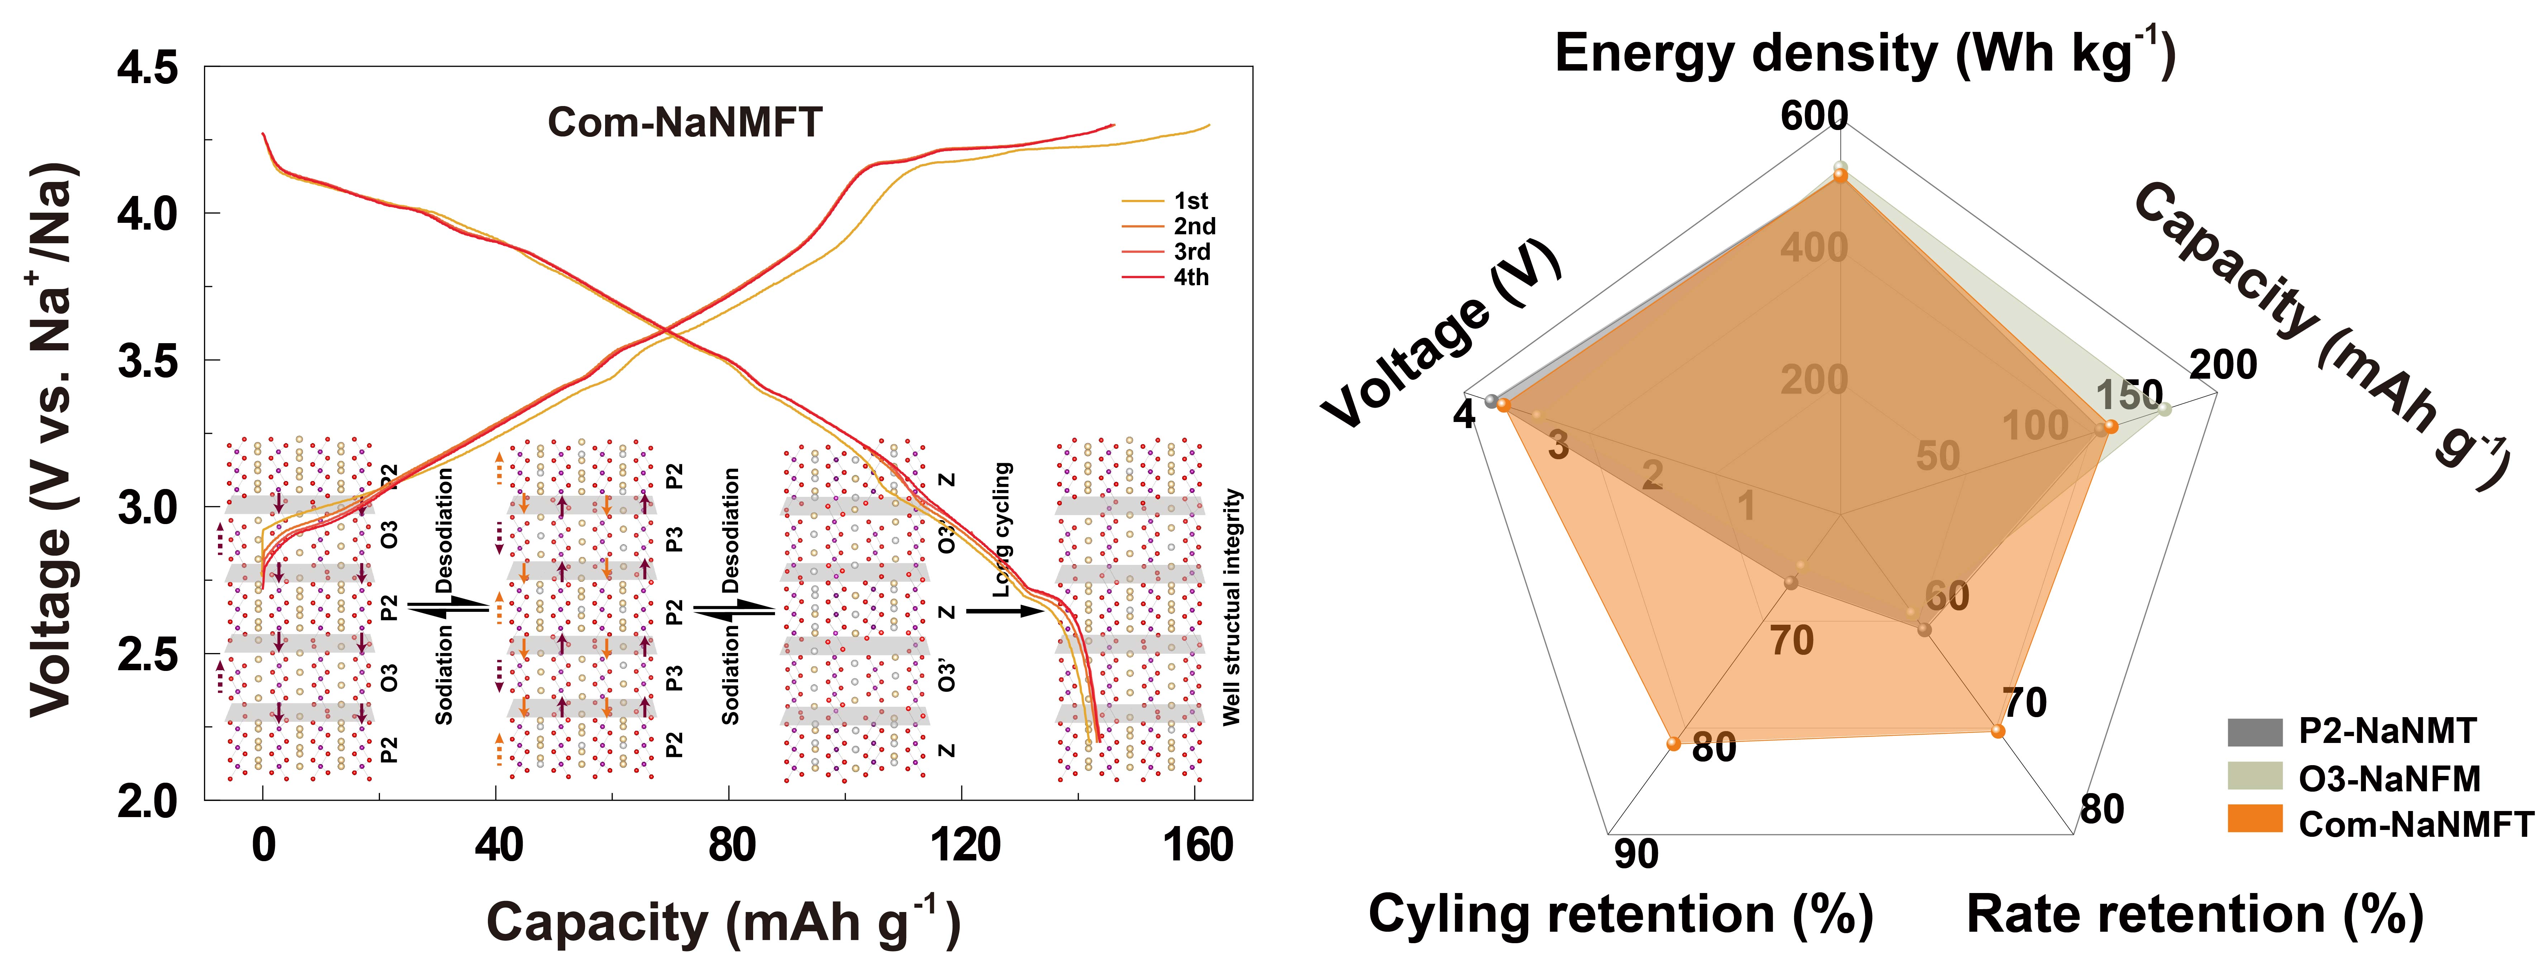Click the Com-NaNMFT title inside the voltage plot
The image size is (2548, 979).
pos(684,123)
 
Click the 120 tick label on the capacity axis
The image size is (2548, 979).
pos(964,845)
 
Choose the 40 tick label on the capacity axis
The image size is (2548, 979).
pos(498,845)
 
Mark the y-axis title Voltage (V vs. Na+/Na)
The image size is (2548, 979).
pos(51,440)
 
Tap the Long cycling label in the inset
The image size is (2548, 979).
pos(1002,529)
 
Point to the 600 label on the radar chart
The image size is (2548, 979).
pos(1814,116)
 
